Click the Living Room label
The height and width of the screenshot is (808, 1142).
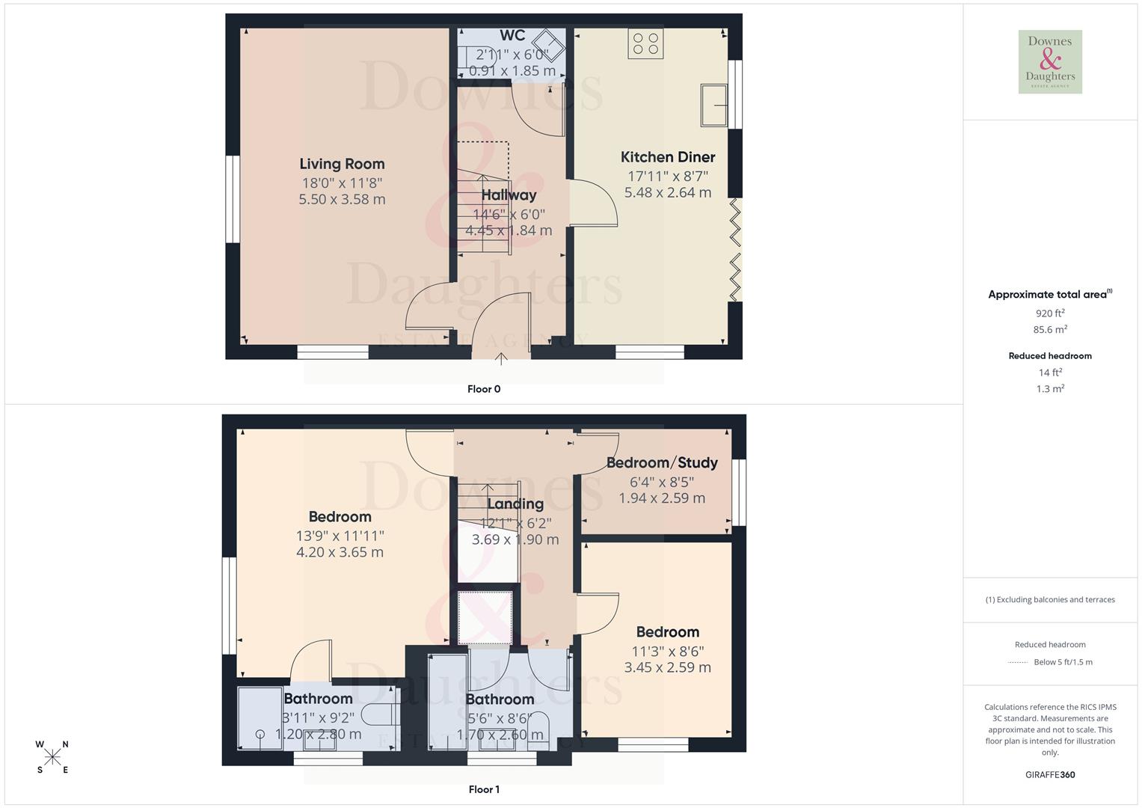(x=342, y=164)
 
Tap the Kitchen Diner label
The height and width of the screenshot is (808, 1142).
(x=668, y=157)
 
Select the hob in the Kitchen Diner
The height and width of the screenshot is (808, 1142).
(x=645, y=43)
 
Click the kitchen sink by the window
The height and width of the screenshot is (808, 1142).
(x=714, y=105)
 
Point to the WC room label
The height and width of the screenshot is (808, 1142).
(x=512, y=36)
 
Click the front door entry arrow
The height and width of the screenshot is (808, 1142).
(x=501, y=359)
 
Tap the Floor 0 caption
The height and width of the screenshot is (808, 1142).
(x=484, y=389)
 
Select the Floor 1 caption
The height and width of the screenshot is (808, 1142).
(x=484, y=789)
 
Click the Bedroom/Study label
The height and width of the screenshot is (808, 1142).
(x=662, y=463)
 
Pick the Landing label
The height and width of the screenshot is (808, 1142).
(x=515, y=504)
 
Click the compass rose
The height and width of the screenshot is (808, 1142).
(x=52, y=757)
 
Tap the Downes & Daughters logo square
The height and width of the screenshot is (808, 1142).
(x=1050, y=62)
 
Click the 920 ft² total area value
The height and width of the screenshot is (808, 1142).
(x=1050, y=313)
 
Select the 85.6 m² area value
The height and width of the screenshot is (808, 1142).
(x=1050, y=329)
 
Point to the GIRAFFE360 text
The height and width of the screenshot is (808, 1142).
(x=1050, y=775)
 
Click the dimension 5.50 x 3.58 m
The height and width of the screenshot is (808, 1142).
(x=342, y=200)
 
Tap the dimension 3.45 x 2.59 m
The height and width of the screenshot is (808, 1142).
(x=667, y=667)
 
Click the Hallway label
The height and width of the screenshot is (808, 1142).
(x=509, y=195)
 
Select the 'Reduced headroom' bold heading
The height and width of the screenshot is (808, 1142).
(x=1050, y=356)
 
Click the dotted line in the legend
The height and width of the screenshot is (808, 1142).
(x=1018, y=662)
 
